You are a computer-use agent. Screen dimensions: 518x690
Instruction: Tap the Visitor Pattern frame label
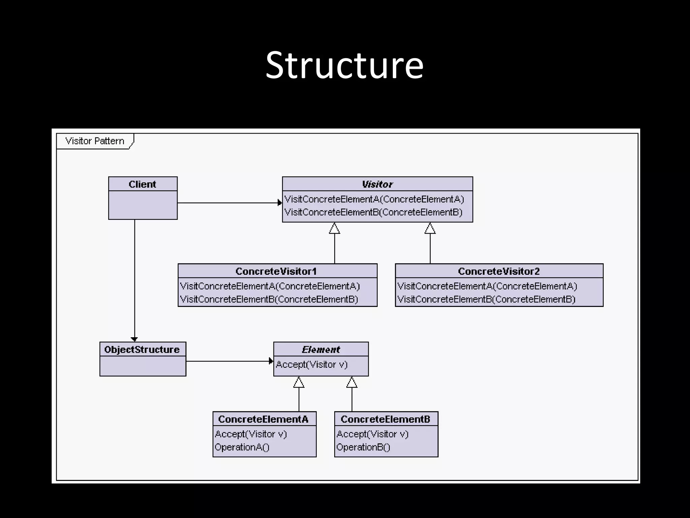click(95, 141)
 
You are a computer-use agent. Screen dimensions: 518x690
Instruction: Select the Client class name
click(143, 184)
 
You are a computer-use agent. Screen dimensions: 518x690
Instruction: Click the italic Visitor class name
click(377, 184)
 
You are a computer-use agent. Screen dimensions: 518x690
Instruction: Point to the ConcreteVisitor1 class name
click(276, 271)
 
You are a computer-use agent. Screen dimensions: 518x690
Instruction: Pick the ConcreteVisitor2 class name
click(499, 271)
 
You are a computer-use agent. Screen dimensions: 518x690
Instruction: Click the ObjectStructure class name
click(142, 349)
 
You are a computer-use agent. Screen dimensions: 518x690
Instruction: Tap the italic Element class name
click(321, 349)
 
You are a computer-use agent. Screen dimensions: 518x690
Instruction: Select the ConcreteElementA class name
click(263, 419)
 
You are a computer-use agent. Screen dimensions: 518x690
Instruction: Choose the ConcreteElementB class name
click(385, 419)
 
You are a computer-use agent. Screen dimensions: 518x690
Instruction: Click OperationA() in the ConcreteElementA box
click(242, 447)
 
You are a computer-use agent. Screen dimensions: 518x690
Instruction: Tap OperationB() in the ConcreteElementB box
click(363, 447)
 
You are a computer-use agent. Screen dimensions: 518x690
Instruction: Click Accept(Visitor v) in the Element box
click(312, 365)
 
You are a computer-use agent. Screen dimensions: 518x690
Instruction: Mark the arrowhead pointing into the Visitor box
click(280, 203)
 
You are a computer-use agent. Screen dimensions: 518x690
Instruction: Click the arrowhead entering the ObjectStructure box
click(134, 339)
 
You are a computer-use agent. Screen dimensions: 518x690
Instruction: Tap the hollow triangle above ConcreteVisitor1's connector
click(334, 229)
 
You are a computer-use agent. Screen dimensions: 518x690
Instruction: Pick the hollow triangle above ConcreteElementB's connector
click(352, 382)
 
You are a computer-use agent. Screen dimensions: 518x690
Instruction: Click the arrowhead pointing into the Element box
click(271, 361)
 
